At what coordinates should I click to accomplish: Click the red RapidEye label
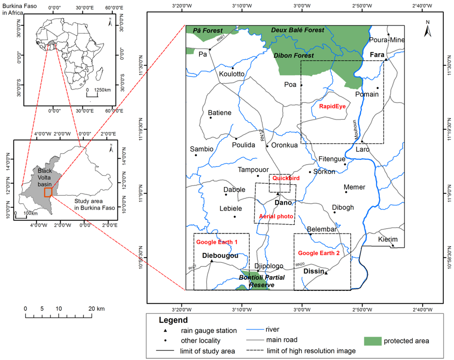pyautogui.click(x=332, y=107)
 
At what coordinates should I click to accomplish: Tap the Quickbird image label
pyautogui.click(x=286, y=178)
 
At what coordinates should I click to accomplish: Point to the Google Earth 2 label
pyautogui.click(x=319, y=253)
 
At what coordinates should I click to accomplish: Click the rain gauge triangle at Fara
pyautogui.click(x=386, y=59)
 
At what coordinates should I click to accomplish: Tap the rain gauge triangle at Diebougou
pyautogui.click(x=211, y=261)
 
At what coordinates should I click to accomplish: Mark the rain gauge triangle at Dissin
pyautogui.click(x=326, y=273)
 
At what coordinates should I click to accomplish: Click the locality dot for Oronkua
pyautogui.click(x=267, y=146)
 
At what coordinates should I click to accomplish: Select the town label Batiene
pyautogui.click(x=220, y=113)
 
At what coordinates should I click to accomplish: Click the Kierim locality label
pyautogui.click(x=388, y=240)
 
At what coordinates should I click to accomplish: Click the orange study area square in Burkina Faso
pyautogui.click(x=48, y=192)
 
